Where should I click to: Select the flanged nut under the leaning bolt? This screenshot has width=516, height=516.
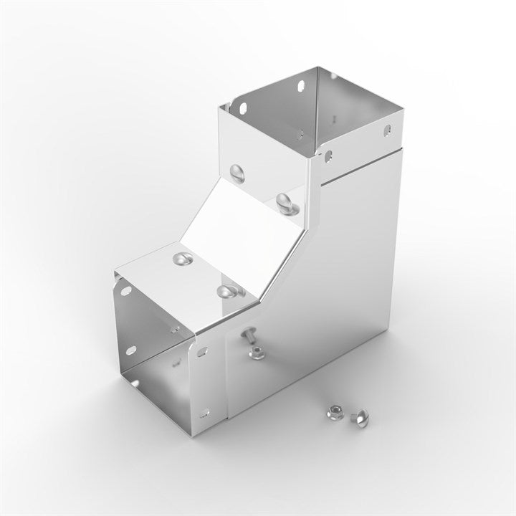pos(254,352)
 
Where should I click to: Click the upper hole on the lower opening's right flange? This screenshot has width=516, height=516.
pos(204,352)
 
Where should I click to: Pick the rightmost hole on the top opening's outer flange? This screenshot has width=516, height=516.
pos(387,130)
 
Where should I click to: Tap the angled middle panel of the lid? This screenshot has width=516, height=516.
pos(244,229)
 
